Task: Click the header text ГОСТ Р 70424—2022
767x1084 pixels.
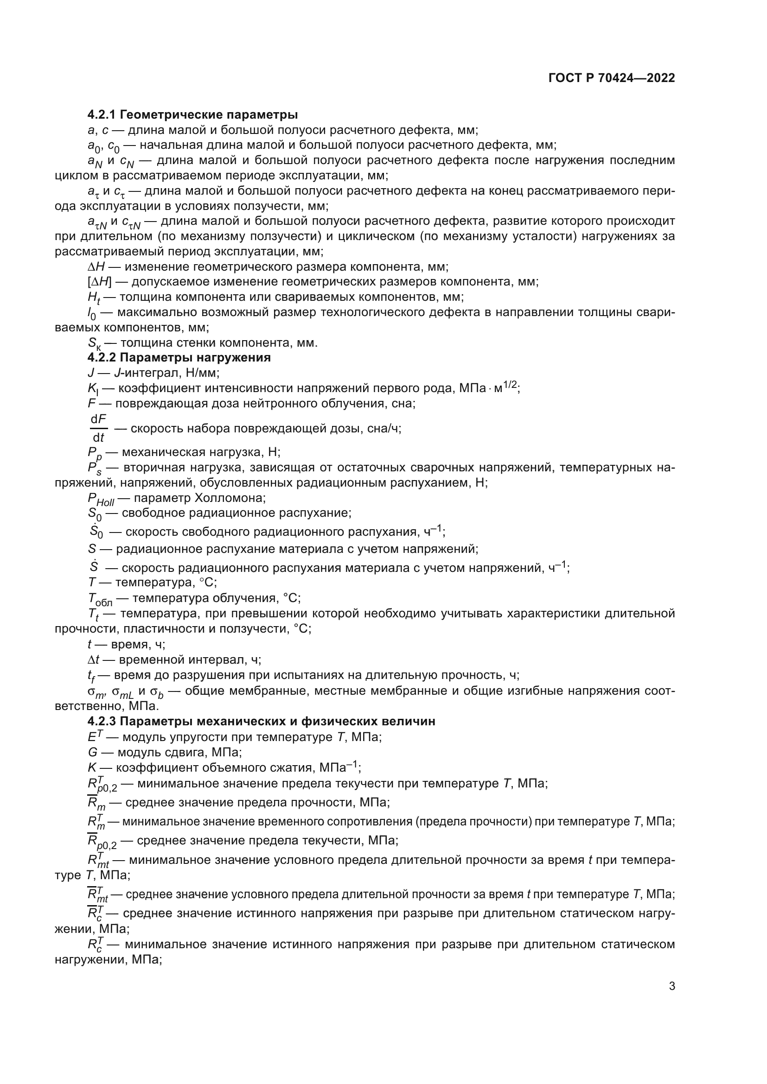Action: (612, 78)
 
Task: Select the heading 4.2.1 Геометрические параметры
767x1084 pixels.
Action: (193, 114)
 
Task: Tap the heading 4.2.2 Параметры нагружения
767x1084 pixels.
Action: (179, 357)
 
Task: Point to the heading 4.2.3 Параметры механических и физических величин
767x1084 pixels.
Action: (261, 721)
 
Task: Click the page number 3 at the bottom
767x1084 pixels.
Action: (671, 986)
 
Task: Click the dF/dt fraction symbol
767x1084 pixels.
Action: (98, 428)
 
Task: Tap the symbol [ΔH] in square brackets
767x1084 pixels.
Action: (99, 282)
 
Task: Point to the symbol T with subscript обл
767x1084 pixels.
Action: (100, 599)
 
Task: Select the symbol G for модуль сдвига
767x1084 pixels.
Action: (92, 752)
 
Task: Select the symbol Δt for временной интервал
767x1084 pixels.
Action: (94, 659)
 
